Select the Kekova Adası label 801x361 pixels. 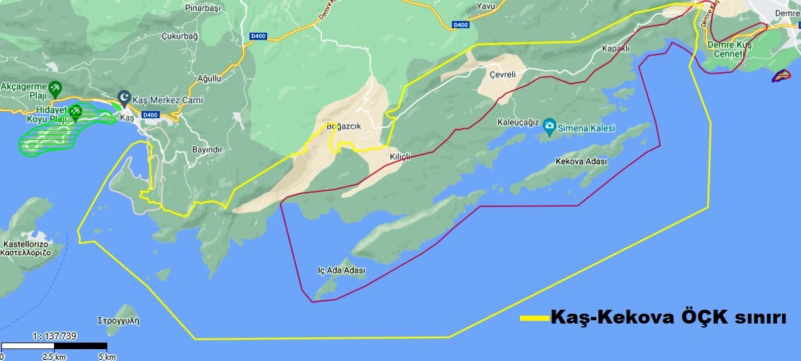tap(581, 161)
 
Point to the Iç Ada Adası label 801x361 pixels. tap(341, 270)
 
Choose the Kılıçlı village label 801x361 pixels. tap(399, 156)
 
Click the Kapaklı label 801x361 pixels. tap(616, 49)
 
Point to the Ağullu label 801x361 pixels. tap(210, 78)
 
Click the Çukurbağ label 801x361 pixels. tap(180, 36)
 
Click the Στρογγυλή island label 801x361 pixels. tap(118, 322)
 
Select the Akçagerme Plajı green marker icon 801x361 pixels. tap(56, 86)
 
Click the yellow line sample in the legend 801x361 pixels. tap(534, 318)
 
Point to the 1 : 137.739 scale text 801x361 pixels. tap(55, 336)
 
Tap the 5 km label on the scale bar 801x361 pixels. tap(107, 356)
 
